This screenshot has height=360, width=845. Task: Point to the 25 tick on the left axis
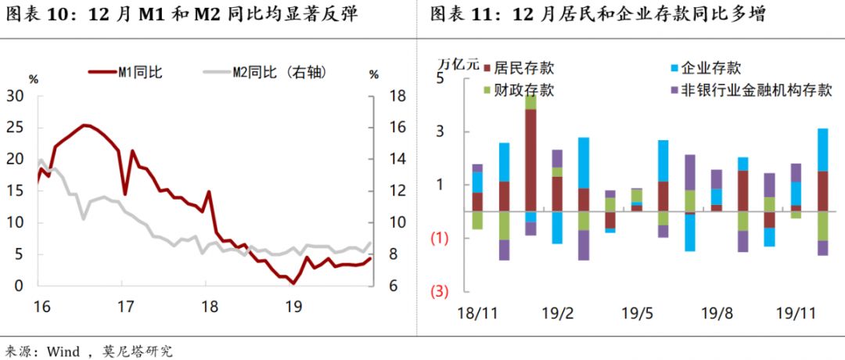(x=16, y=128)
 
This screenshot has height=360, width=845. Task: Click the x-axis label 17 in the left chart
(x=123, y=305)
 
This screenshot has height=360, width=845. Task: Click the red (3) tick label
(x=439, y=292)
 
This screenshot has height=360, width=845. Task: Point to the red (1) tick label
(x=439, y=238)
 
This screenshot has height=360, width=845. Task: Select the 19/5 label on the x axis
(x=638, y=313)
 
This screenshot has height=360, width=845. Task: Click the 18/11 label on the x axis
(x=477, y=313)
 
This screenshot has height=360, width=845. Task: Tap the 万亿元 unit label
(x=456, y=64)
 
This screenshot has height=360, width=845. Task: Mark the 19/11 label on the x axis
(x=794, y=313)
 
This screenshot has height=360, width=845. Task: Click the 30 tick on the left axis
(x=16, y=95)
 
